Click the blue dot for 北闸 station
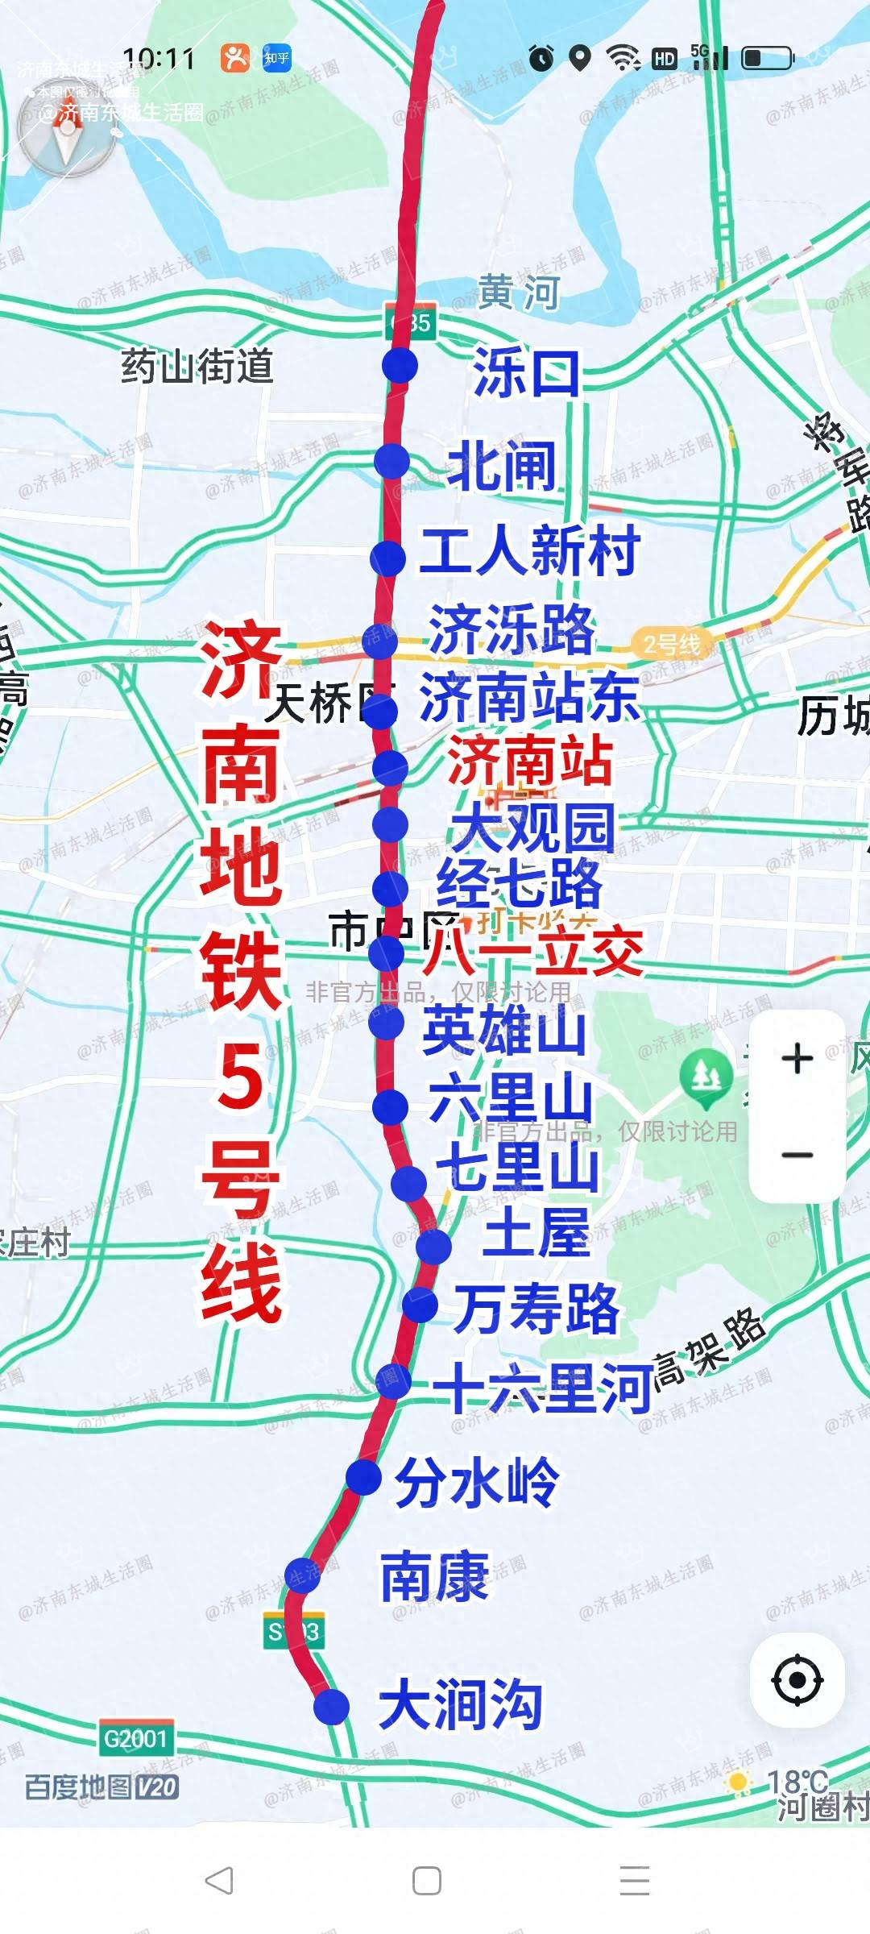392,461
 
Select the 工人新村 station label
529,551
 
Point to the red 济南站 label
529,761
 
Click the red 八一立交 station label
533,952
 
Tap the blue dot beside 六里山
391,1107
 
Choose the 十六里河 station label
542,1388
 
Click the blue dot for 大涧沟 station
331,1707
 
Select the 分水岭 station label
476,1481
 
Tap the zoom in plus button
797,1058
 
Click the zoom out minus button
797,1155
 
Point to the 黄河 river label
518,292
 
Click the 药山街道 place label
197,366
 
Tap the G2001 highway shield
135,1738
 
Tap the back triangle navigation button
219,1881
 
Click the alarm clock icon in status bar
541,58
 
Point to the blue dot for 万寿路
420,1304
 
